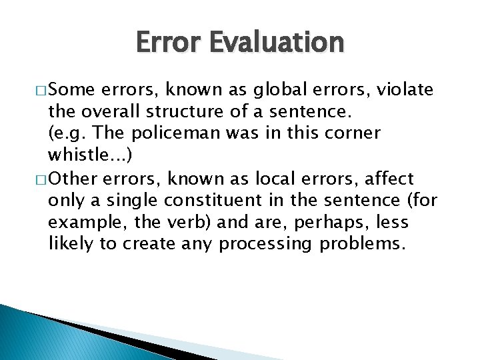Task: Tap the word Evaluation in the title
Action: (278, 43)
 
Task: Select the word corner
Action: (355, 133)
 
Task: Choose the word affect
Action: (393, 179)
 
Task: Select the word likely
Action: (71, 244)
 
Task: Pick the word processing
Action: (265, 245)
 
